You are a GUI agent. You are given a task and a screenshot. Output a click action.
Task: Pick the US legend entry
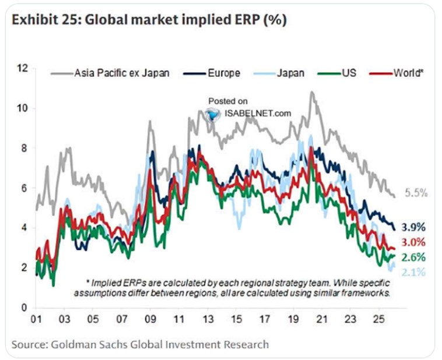tap(342, 73)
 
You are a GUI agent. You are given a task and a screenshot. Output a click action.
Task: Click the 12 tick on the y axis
tap(23, 69)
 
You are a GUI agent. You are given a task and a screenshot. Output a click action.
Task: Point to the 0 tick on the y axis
tap(25, 308)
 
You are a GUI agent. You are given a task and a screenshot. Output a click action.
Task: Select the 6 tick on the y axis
tap(25, 188)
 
